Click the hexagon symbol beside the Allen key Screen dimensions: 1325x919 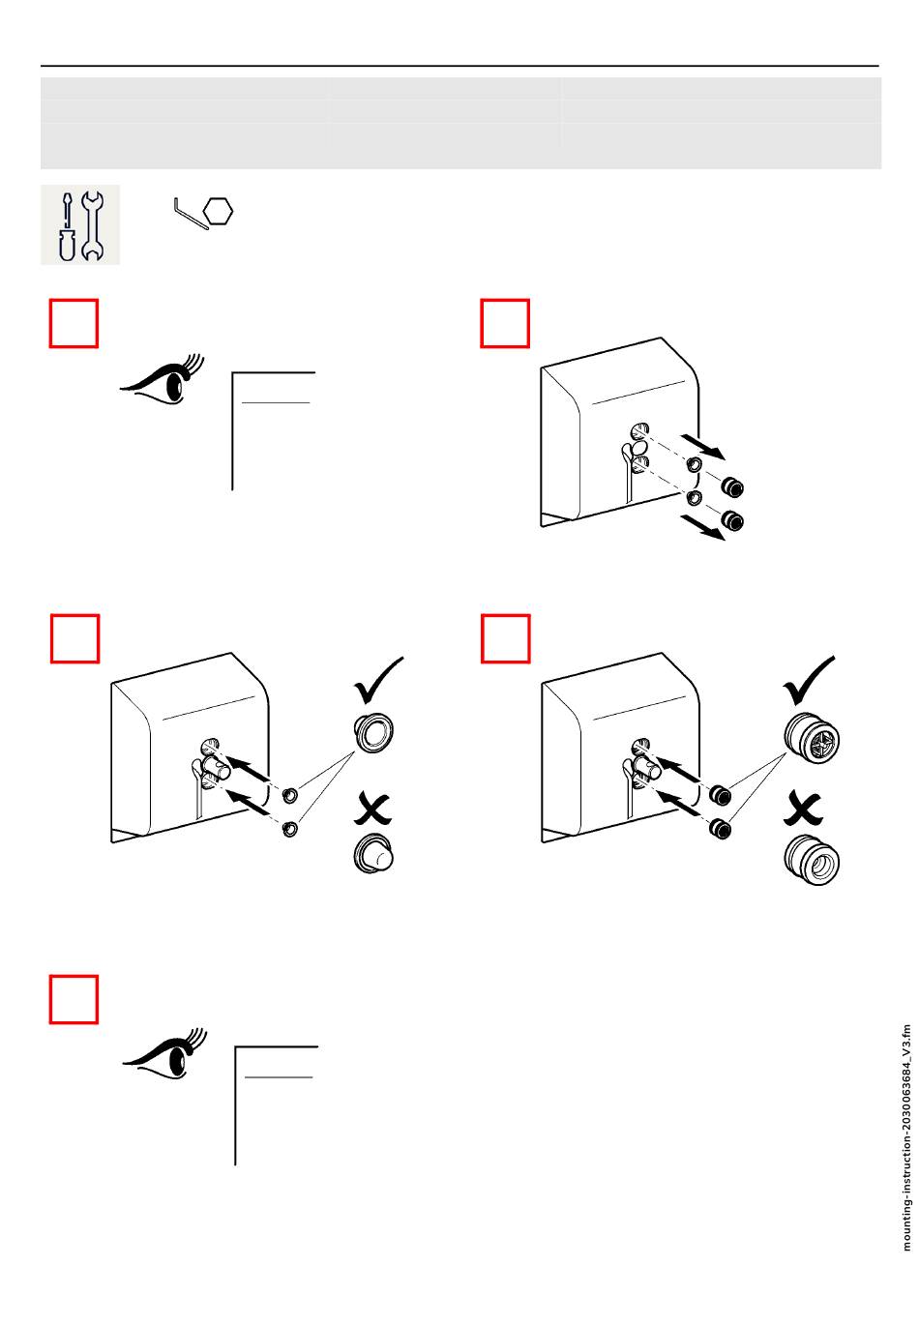coord(222,211)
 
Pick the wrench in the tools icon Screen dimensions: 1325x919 coord(93,225)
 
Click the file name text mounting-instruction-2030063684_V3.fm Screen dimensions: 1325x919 coord(906,1136)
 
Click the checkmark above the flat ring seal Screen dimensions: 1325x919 coord(379,682)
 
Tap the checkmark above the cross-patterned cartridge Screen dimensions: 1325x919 coord(810,682)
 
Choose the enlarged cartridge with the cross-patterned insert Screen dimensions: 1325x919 coord(812,743)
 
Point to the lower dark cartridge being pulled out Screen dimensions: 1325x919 coord(733,521)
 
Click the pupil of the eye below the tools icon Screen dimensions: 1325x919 coord(175,386)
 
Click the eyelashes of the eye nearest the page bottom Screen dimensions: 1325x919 coord(195,1041)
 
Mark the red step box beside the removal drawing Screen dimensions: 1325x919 coord(505,323)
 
